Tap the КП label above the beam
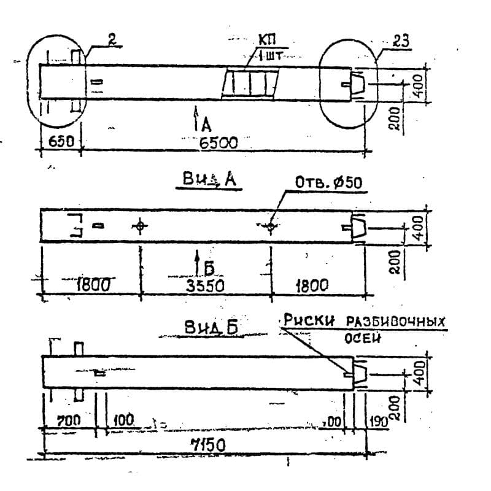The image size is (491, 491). tap(268, 41)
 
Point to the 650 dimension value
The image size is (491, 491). tap(61, 141)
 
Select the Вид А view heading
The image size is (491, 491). tap(209, 179)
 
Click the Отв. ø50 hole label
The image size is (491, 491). tap(328, 182)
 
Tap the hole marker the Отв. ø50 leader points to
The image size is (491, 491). tap(271, 227)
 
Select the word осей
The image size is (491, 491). tap(363, 338)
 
